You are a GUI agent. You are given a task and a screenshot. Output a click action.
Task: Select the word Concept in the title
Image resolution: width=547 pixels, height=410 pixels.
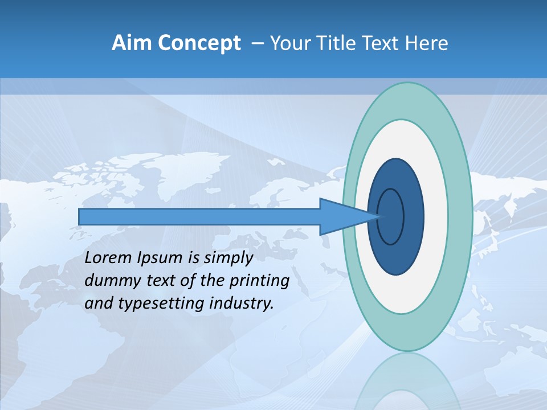click(x=199, y=43)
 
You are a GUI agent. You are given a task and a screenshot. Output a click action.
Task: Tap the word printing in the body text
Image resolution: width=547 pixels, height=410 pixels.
click(x=259, y=281)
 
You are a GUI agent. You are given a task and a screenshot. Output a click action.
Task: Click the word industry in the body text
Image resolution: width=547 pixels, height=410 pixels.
click(x=240, y=304)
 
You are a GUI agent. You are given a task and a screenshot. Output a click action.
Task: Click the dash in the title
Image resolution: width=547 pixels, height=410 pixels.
click(x=257, y=43)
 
